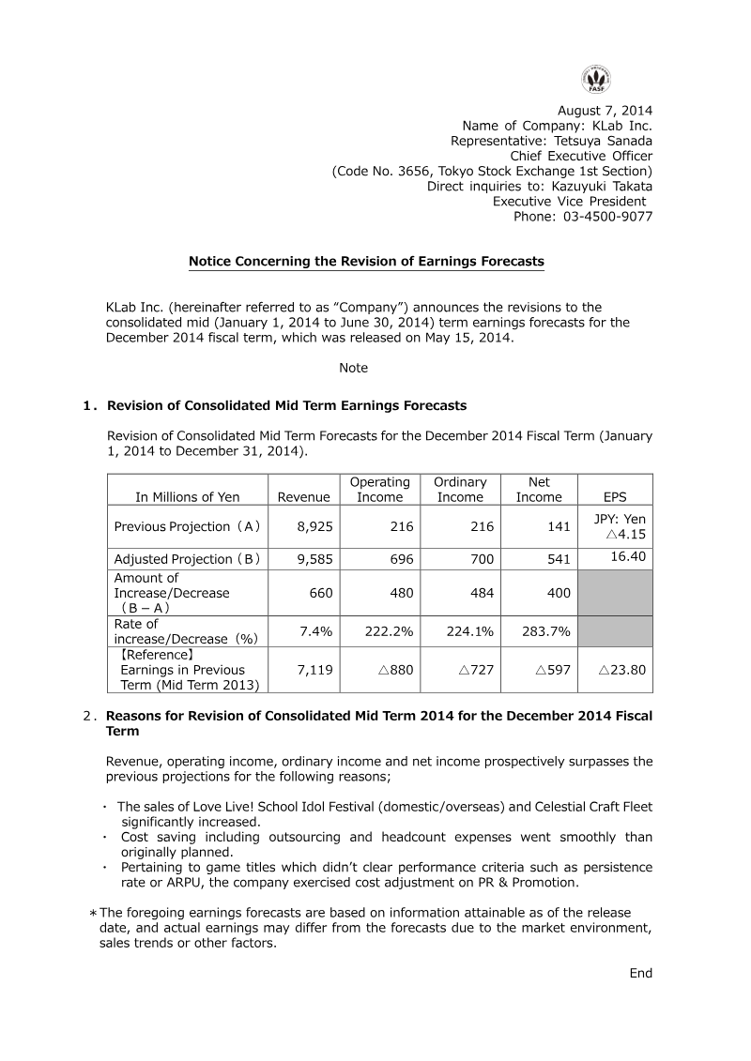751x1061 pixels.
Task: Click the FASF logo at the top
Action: click(x=595, y=79)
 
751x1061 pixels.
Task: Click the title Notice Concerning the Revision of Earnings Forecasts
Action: click(x=366, y=262)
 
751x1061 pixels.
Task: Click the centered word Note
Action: click(x=353, y=369)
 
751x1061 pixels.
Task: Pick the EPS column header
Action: click(x=615, y=497)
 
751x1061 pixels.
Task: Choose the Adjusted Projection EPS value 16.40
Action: click(x=627, y=556)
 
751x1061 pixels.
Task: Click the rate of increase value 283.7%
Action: click(x=546, y=631)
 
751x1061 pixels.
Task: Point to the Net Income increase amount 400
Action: click(x=559, y=593)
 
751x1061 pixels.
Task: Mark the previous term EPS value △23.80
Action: click(x=621, y=670)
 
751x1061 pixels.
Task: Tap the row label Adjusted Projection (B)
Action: click(x=188, y=559)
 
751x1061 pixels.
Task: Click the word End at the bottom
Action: click(x=640, y=974)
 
